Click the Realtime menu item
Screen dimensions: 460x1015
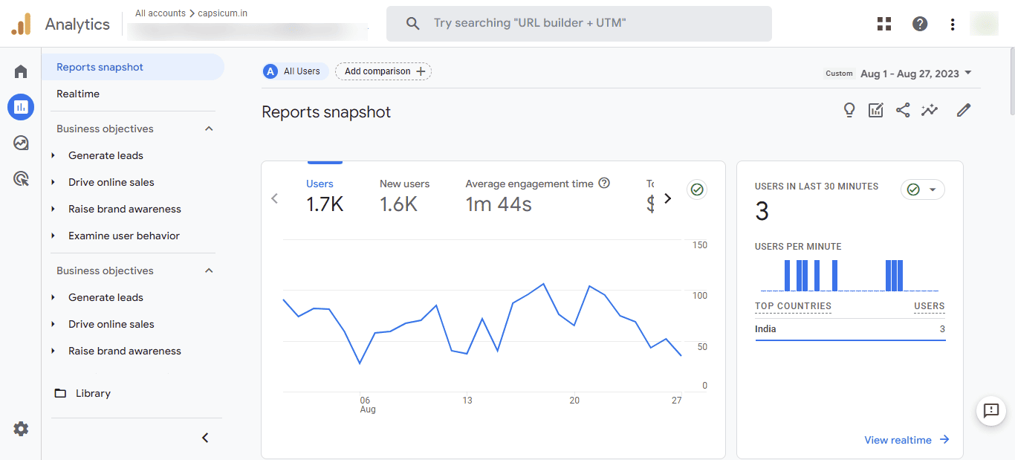point(78,94)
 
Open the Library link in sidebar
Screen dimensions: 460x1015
point(92,393)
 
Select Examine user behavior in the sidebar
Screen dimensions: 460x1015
point(123,236)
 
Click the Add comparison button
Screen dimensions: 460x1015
point(383,71)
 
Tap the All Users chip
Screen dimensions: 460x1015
point(295,71)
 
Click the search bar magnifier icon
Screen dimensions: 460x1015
point(413,24)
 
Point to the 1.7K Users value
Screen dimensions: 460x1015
point(325,204)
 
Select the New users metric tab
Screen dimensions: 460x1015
point(404,184)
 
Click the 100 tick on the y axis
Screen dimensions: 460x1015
point(699,296)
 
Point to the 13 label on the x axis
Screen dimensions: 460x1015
point(467,400)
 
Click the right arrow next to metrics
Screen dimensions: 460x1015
point(667,198)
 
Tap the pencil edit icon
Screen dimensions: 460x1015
point(964,110)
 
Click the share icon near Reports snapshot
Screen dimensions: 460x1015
point(903,110)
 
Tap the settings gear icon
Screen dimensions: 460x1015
point(21,429)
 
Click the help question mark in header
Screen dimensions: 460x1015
point(920,24)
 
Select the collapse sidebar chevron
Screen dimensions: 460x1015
point(206,438)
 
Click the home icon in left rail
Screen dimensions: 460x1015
point(21,71)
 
